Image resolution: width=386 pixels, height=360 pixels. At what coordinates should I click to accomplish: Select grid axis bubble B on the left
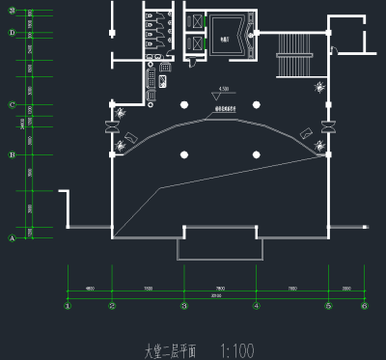pos(12,154)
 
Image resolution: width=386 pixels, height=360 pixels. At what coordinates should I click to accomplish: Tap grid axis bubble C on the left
pos(12,105)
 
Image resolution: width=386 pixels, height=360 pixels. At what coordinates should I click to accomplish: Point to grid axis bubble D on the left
pos(12,33)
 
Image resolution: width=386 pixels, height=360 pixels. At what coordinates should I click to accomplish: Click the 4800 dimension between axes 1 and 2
pos(89,288)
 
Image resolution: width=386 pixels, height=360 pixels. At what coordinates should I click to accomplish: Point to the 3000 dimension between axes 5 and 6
pos(346,288)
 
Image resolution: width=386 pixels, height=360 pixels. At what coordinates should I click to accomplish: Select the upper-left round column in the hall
pos(183,104)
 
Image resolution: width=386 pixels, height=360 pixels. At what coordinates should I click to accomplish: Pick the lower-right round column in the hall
pos(256,154)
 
